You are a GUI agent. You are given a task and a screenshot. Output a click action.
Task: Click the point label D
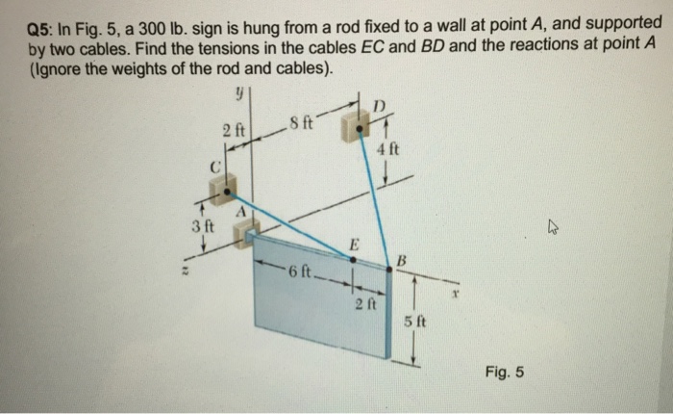click(x=378, y=103)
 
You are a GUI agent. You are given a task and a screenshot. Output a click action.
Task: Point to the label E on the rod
click(x=355, y=245)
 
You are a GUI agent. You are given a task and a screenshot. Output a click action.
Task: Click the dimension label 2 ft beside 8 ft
click(x=234, y=129)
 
